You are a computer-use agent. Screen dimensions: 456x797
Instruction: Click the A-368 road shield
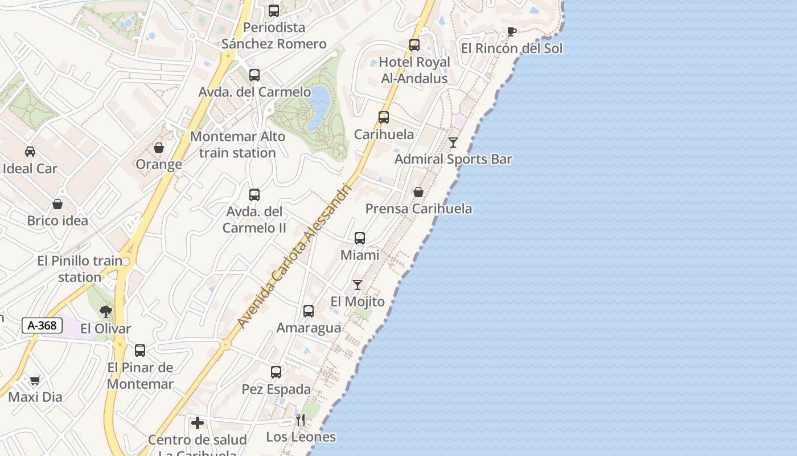pyautogui.click(x=42, y=325)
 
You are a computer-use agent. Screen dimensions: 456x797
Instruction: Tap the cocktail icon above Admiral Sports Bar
pyautogui.click(x=453, y=142)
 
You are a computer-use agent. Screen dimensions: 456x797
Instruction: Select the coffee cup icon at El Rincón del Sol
pyautogui.click(x=511, y=31)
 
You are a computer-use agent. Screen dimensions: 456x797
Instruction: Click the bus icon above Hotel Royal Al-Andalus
pyautogui.click(x=414, y=44)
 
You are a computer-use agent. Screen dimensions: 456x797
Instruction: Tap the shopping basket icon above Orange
pyautogui.click(x=159, y=148)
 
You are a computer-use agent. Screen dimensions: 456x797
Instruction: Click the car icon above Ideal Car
pyautogui.click(x=30, y=151)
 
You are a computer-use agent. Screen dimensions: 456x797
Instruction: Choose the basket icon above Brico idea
pyautogui.click(x=57, y=203)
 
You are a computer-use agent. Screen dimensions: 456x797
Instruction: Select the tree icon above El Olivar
pyautogui.click(x=105, y=311)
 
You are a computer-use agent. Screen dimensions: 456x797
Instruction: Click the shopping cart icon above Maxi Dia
pyautogui.click(x=35, y=380)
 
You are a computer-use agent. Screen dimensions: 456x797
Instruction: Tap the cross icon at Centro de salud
pyautogui.click(x=198, y=423)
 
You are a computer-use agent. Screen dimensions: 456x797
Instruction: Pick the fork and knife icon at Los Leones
pyautogui.click(x=301, y=420)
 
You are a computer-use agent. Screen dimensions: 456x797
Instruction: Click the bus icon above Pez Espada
pyautogui.click(x=276, y=372)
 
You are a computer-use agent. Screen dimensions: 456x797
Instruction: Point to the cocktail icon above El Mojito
pyautogui.click(x=358, y=284)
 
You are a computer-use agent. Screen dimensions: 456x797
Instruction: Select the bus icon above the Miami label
pyautogui.click(x=360, y=238)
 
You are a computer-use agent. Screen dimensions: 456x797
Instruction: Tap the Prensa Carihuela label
pyautogui.click(x=418, y=209)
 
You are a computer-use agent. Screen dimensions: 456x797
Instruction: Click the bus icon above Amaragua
pyautogui.click(x=309, y=311)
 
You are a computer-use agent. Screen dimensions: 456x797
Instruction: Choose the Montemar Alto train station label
pyautogui.click(x=238, y=145)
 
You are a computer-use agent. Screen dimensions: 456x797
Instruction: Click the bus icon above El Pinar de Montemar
pyautogui.click(x=140, y=350)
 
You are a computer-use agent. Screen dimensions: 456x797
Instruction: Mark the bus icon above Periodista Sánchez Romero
pyautogui.click(x=274, y=10)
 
